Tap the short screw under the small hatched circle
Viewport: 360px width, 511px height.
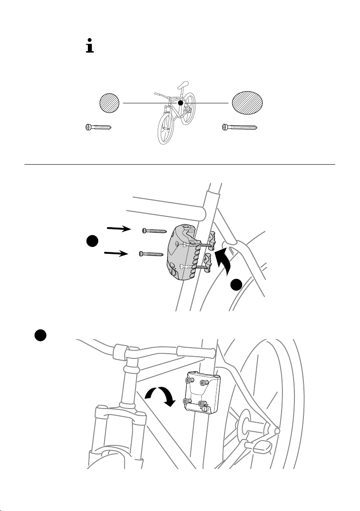tap(97, 127)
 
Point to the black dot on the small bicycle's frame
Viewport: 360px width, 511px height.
tap(181, 103)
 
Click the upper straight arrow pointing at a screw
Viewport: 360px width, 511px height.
tap(120, 229)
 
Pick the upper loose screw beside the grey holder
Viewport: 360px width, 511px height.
tap(154, 231)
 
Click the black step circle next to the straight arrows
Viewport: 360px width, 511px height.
tap(93, 242)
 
